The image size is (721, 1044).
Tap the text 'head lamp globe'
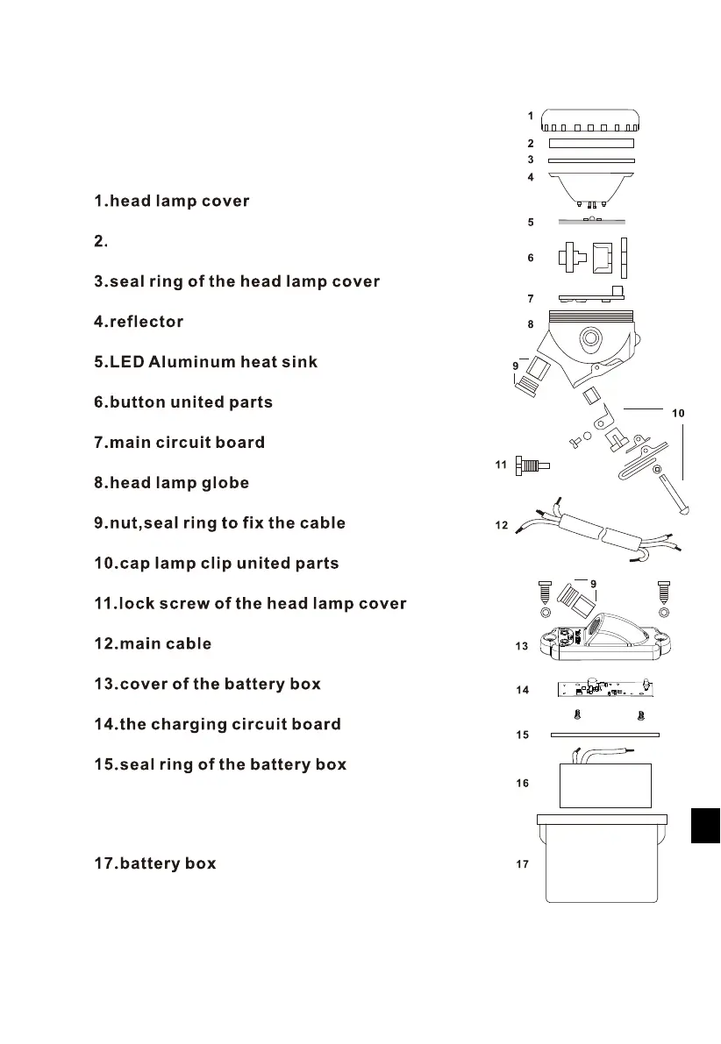[179, 483]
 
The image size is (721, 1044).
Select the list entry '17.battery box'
[154, 863]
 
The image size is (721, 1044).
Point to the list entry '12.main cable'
[153, 643]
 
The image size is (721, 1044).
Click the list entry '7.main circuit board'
[179, 443]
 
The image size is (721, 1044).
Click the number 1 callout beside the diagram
[531, 115]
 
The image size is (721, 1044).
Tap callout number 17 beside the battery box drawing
[522, 864]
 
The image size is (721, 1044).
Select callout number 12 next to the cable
[501, 526]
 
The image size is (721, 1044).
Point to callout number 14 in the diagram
[522, 690]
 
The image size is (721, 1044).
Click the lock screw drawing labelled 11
[531, 465]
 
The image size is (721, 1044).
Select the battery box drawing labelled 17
[602, 863]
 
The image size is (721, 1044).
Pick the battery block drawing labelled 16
[605, 784]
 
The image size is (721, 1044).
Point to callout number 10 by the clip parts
[677, 412]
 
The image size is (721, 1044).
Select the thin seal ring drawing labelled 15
[604, 735]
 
